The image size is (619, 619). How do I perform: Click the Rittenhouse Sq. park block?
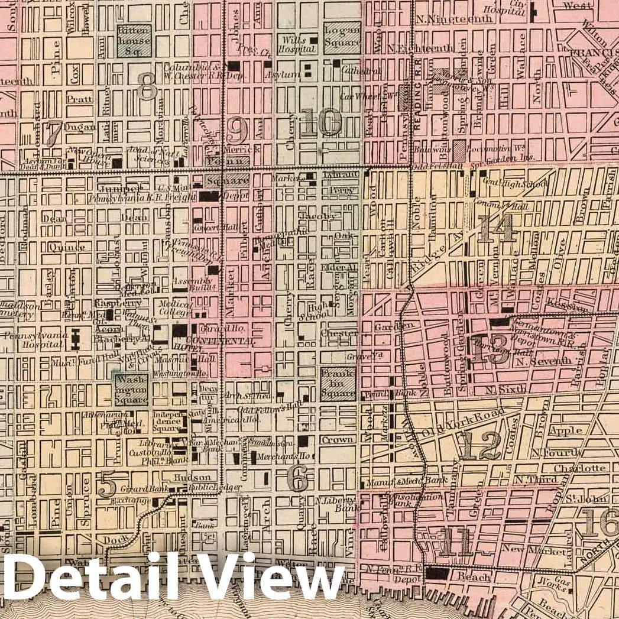[x=134, y=40]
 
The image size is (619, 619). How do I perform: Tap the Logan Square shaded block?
[x=342, y=37]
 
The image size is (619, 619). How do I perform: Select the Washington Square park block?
[x=131, y=389]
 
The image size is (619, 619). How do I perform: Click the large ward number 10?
[x=320, y=124]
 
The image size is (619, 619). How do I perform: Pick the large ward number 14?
[x=495, y=229]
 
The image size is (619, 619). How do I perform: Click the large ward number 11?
[x=456, y=543]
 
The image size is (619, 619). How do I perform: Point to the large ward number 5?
[x=107, y=485]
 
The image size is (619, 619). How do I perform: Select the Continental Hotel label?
[x=220, y=342]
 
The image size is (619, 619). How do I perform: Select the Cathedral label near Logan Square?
[x=354, y=70]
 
